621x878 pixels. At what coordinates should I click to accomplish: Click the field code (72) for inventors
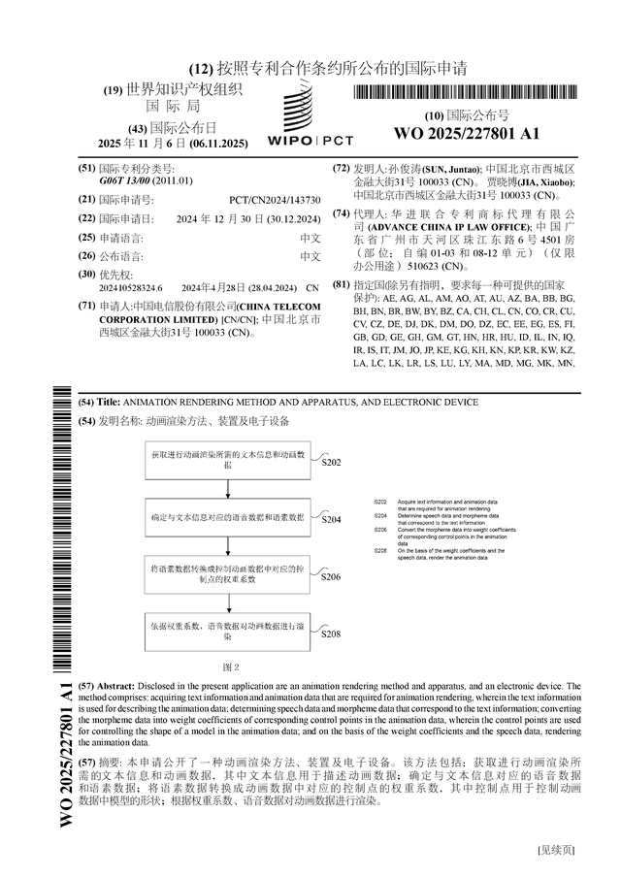[x=342, y=168]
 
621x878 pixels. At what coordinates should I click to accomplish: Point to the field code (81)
[x=342, y=285]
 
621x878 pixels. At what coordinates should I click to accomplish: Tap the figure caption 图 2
[x=231, y=667]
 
